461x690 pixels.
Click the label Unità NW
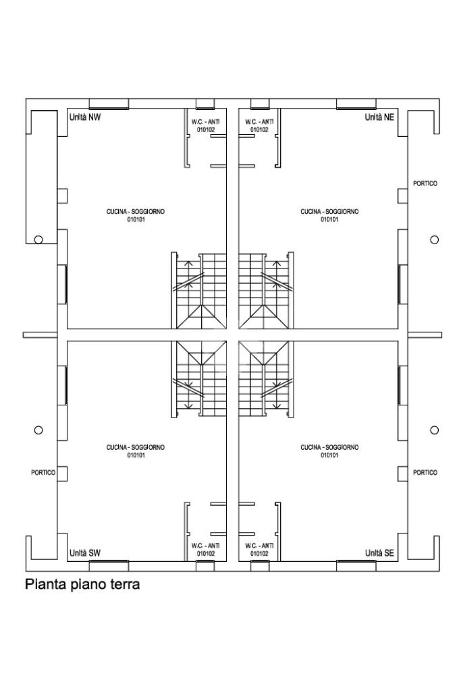[85, 117]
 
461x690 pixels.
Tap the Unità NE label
[379, 117]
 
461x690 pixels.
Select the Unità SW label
[85, 553]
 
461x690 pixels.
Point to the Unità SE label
[379, 553]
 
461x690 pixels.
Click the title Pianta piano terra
[82, 584]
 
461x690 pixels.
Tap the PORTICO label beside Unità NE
[425, 183]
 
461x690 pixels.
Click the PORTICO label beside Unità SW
[43, 473]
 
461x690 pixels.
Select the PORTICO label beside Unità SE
[425, 473]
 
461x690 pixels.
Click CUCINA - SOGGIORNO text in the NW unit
[136, 212]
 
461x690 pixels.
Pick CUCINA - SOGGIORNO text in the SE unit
[329, 448]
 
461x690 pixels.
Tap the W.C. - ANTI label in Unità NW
[206, 122]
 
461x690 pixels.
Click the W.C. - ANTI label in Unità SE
[259, 546]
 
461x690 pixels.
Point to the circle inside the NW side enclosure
[38, 239]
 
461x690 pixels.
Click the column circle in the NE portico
[435, 239]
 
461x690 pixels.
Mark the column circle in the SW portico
[38, 430]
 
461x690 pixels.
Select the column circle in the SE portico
[435, 430]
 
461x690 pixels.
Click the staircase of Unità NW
[199, 291]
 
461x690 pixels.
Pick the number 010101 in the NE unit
[329, 219]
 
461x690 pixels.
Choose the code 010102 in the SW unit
[206, 553]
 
